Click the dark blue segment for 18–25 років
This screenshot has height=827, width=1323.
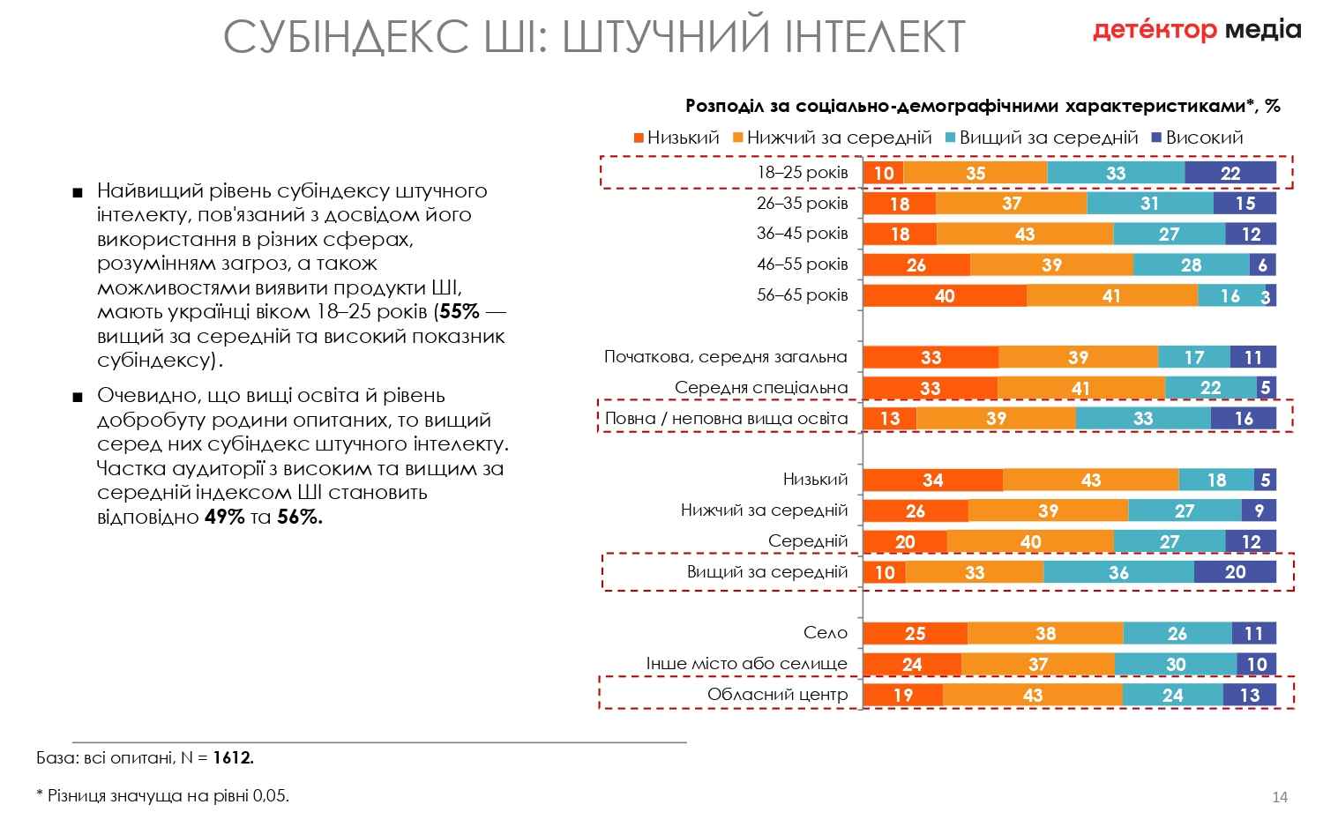pos(1230,173)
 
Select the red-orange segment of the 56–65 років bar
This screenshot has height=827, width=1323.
pos(945,295)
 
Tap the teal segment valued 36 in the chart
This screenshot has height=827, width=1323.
pos(1118,572)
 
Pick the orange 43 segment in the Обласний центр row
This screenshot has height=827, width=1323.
pos(1032,695)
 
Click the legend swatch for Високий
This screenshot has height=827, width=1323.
pos(1156,138)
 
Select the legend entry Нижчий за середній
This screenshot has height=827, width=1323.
pos(839,138)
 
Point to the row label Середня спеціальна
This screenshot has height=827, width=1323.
pos(761,387)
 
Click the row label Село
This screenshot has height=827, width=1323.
pos(826,632)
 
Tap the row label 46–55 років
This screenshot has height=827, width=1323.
pos(802,264)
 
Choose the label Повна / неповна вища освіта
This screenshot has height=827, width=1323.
pos(726,418)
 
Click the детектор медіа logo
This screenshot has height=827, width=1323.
pos(1196,31)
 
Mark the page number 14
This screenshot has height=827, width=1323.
pos(1280,797)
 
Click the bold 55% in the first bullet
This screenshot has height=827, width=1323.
pos(459,312)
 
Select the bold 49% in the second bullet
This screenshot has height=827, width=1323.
pos(224,518)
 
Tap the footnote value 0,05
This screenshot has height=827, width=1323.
pos(270,795)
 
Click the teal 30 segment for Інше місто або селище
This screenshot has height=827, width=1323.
pos(1175,664)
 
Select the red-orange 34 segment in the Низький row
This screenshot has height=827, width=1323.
pos(932,480)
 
